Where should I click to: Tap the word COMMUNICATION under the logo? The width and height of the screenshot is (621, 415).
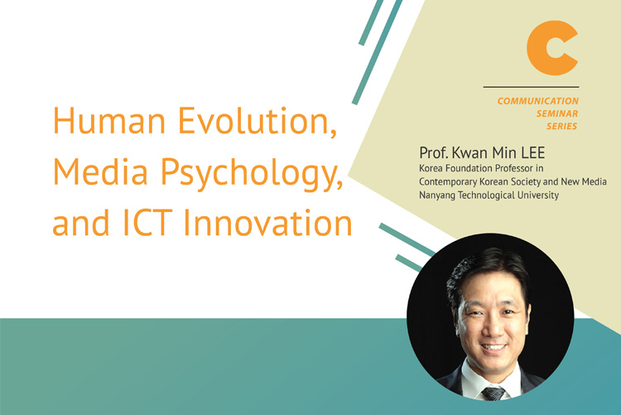tap(538, 101)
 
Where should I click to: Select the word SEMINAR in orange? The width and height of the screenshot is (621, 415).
tap(557, 113)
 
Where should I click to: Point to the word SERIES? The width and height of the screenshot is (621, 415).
tap(562, 127)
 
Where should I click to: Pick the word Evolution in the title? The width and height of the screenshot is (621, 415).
tap(258, 120)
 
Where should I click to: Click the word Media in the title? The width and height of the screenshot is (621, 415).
tap(100, 171)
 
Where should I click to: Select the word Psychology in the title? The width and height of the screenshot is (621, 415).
tap(252, 174)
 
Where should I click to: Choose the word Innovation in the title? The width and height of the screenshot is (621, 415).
tap(268, 222)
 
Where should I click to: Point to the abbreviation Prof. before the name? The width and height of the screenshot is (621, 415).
tap(434, 152)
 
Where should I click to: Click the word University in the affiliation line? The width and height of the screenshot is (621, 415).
tap(539, 195)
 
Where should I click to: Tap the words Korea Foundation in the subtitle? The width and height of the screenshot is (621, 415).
tap(453, 168)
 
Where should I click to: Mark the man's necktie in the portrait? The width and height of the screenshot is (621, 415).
tap(493, 393)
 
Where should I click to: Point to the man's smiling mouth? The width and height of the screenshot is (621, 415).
tap(493, 349)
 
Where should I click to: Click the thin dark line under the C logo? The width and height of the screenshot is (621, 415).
tap(531, 86)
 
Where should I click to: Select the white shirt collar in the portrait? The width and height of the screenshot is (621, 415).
tap(493, 377)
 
